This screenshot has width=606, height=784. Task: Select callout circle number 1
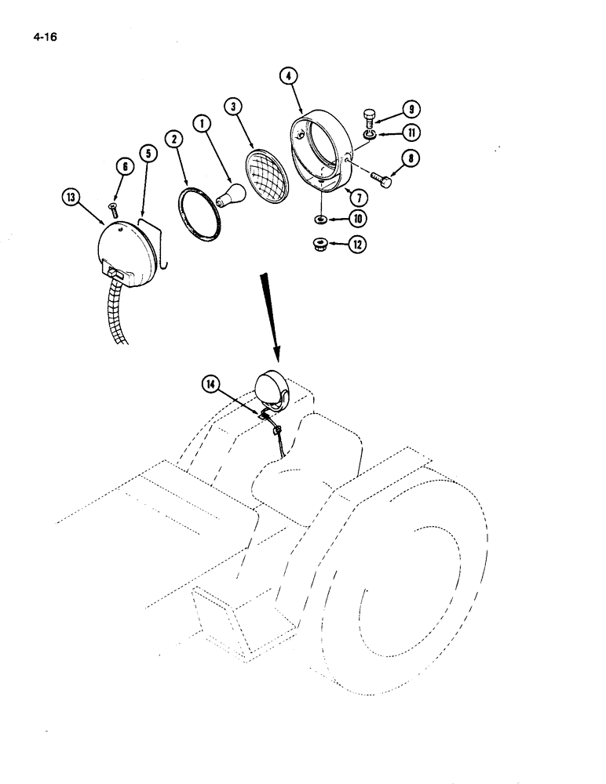pyautogui.click(x=203, y=125)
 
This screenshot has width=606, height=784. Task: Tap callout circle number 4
pyautogui.click(x=290, y=76)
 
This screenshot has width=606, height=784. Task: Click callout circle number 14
pyautogui.click(x=210, y=383)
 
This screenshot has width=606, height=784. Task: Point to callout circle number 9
pyautogui.click(x=411, y=110)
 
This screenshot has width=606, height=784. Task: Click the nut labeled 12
pyautogui.click(x=320, y=243)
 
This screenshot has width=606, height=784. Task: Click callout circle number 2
pyautogui.click(x=173, y=140)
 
